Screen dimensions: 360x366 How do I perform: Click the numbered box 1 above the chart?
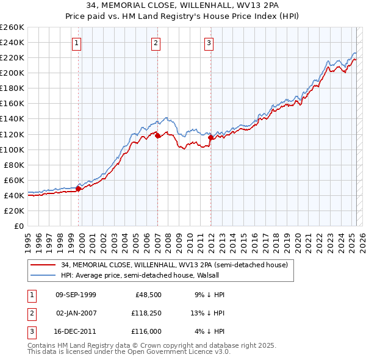click(x=77, y=43)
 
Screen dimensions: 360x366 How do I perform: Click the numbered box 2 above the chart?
click(x=156, y=43)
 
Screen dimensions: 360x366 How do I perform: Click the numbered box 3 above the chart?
click(x=209, y=43)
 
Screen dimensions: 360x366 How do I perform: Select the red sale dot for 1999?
click(x=79, y=189)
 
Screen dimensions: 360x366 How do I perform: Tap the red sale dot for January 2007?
click(x=157, y=135)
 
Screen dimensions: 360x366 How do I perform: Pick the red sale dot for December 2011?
click(x=211, y=137)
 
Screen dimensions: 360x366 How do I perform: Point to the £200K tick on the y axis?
click(x=12, y=73)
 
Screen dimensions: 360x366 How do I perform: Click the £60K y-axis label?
click(x=14, y=180)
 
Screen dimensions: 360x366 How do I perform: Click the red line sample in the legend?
click(x=42, y=265)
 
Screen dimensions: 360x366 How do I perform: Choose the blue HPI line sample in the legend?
click(x=42, y=275)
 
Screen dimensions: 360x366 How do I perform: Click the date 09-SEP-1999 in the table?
click(x=76, y=295)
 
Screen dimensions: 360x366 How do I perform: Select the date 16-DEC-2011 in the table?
click(x=76, y=331)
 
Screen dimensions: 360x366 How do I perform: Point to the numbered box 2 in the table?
click(x=31, y=313)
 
